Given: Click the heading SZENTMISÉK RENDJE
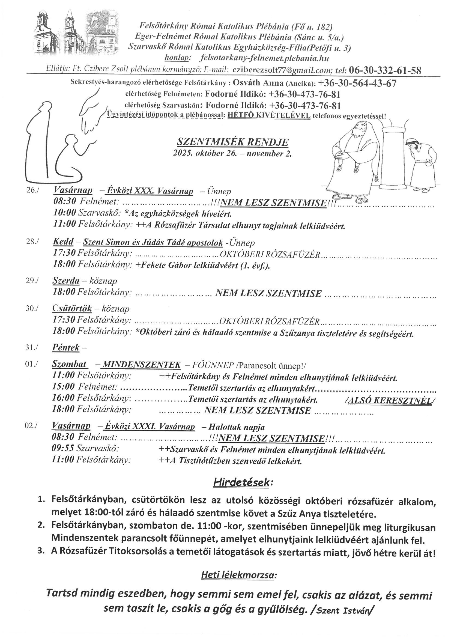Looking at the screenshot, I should coord(232,142).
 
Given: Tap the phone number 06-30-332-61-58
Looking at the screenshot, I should coord(385,70).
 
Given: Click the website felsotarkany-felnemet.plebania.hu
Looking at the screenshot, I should coord(264,58).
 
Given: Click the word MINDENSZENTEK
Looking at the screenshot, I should coord(142,365).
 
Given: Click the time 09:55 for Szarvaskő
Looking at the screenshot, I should coord(63,449).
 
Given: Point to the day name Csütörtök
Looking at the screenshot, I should coord(72,308).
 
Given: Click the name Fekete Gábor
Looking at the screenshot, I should coord(166,265).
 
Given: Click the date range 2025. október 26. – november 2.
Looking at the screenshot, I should coord(232,154).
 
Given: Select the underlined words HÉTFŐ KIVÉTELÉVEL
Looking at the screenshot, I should coord(269,116).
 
